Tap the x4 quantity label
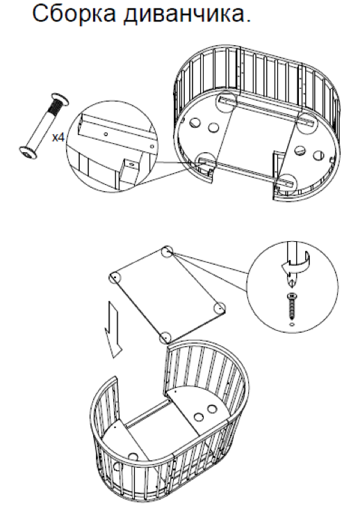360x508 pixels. (x=58, y=138)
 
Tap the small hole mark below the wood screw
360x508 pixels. (x=292, y=324)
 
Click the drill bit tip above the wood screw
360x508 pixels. (x=292, y=282)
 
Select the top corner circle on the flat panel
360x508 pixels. (x=167, y=252)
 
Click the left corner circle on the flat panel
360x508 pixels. (x=115, y=277)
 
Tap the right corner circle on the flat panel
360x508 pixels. (x=220, y=308)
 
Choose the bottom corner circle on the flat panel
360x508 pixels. (x=165, y=338)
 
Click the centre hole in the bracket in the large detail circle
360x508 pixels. (x=106, y=133)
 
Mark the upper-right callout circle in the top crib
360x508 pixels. (x=306, y=122)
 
